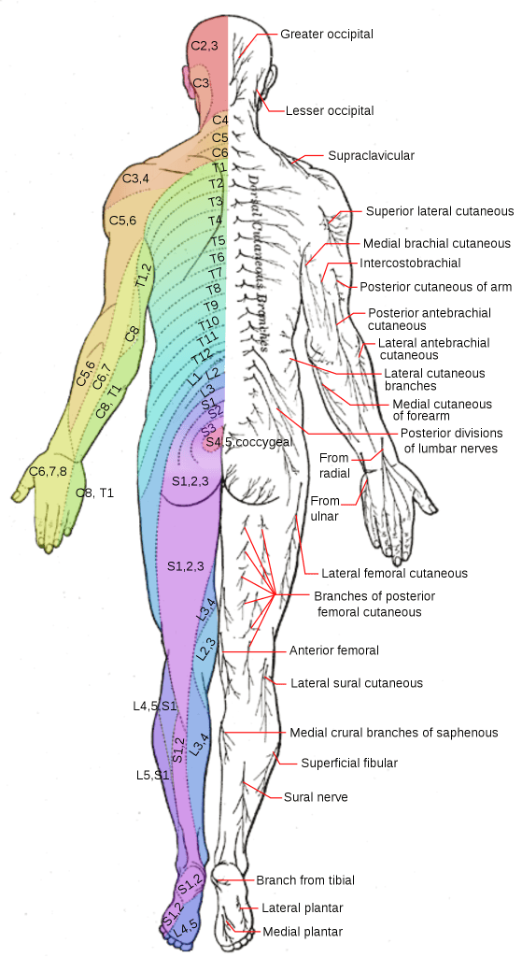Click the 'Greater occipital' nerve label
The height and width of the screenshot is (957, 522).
[x=327, y=35]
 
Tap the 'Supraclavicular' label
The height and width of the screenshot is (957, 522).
[x=371, y=156]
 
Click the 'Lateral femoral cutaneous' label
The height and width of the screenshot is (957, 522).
[x=394, y=573]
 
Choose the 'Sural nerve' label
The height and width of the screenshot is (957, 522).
[x=316, y=797]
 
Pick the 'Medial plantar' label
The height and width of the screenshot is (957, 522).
[x=303, y=932]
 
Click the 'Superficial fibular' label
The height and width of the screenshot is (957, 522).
[x=349, y=763]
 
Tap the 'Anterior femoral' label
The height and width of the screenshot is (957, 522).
[x=333, y=650]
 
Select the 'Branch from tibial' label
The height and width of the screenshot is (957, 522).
[x=305, y=880]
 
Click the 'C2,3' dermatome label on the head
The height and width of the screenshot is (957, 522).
[x=204, y=46]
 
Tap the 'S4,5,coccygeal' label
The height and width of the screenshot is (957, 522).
[x=248, y=441]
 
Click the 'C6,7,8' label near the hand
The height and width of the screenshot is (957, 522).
[x=48, y=471]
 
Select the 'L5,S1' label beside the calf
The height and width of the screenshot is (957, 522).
[x=152, y=775]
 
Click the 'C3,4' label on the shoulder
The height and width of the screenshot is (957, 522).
[x=135, y=179]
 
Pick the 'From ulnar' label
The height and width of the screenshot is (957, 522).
[x=324, y=508]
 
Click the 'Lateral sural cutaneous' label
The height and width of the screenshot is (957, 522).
[x=357, y=683]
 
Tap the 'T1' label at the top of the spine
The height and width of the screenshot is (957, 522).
[x=219, y=167]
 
